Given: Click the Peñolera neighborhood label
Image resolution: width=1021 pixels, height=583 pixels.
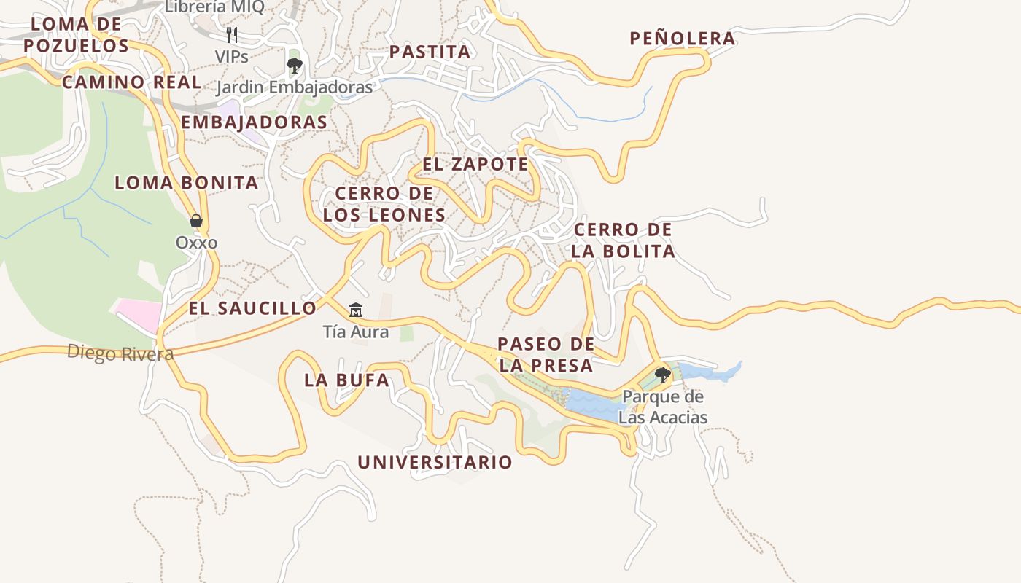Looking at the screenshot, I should [x=683, y=39].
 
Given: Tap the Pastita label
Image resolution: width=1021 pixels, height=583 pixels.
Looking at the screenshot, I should [x=430, y=52].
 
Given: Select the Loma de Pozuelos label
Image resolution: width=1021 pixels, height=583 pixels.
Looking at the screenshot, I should [x=76, y=35].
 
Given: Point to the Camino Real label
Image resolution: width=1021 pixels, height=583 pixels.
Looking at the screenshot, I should [x=131, y=82].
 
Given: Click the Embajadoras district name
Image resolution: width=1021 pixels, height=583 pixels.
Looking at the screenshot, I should [x=254, y=122].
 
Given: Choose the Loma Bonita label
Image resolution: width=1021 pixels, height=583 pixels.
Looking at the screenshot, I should [x=186, y=183].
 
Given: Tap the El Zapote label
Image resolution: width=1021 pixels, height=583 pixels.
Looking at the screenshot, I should [x=475, y=164].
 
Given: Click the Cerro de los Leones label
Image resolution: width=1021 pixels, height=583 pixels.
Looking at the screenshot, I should [x=384, y=204].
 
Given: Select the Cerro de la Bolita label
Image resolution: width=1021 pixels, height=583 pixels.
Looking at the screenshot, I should [x=623, y=240].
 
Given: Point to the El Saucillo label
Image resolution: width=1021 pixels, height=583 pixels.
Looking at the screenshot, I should [x=252, y=308].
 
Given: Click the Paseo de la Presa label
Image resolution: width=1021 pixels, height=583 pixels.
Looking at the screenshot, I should [x=546, y=355].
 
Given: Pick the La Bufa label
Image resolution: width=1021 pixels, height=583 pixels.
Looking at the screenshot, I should [x=346, y=380].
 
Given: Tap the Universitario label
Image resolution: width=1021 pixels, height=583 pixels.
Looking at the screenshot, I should [x=435, y=463].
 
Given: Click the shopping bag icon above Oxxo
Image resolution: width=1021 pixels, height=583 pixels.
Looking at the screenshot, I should [x=195, y=221].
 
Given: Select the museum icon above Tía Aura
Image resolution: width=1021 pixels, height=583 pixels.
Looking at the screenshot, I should [x=355, y=310].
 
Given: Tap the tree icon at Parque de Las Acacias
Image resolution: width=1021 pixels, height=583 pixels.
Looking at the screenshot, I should [x=662, y=375].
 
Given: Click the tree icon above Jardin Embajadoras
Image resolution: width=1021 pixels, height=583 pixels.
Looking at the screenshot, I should [x=294, y=66].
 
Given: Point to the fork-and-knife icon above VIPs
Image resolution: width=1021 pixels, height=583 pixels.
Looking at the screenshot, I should [x=231, y=34].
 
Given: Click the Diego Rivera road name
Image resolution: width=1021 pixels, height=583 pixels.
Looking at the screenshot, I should [x=120, y=353].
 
